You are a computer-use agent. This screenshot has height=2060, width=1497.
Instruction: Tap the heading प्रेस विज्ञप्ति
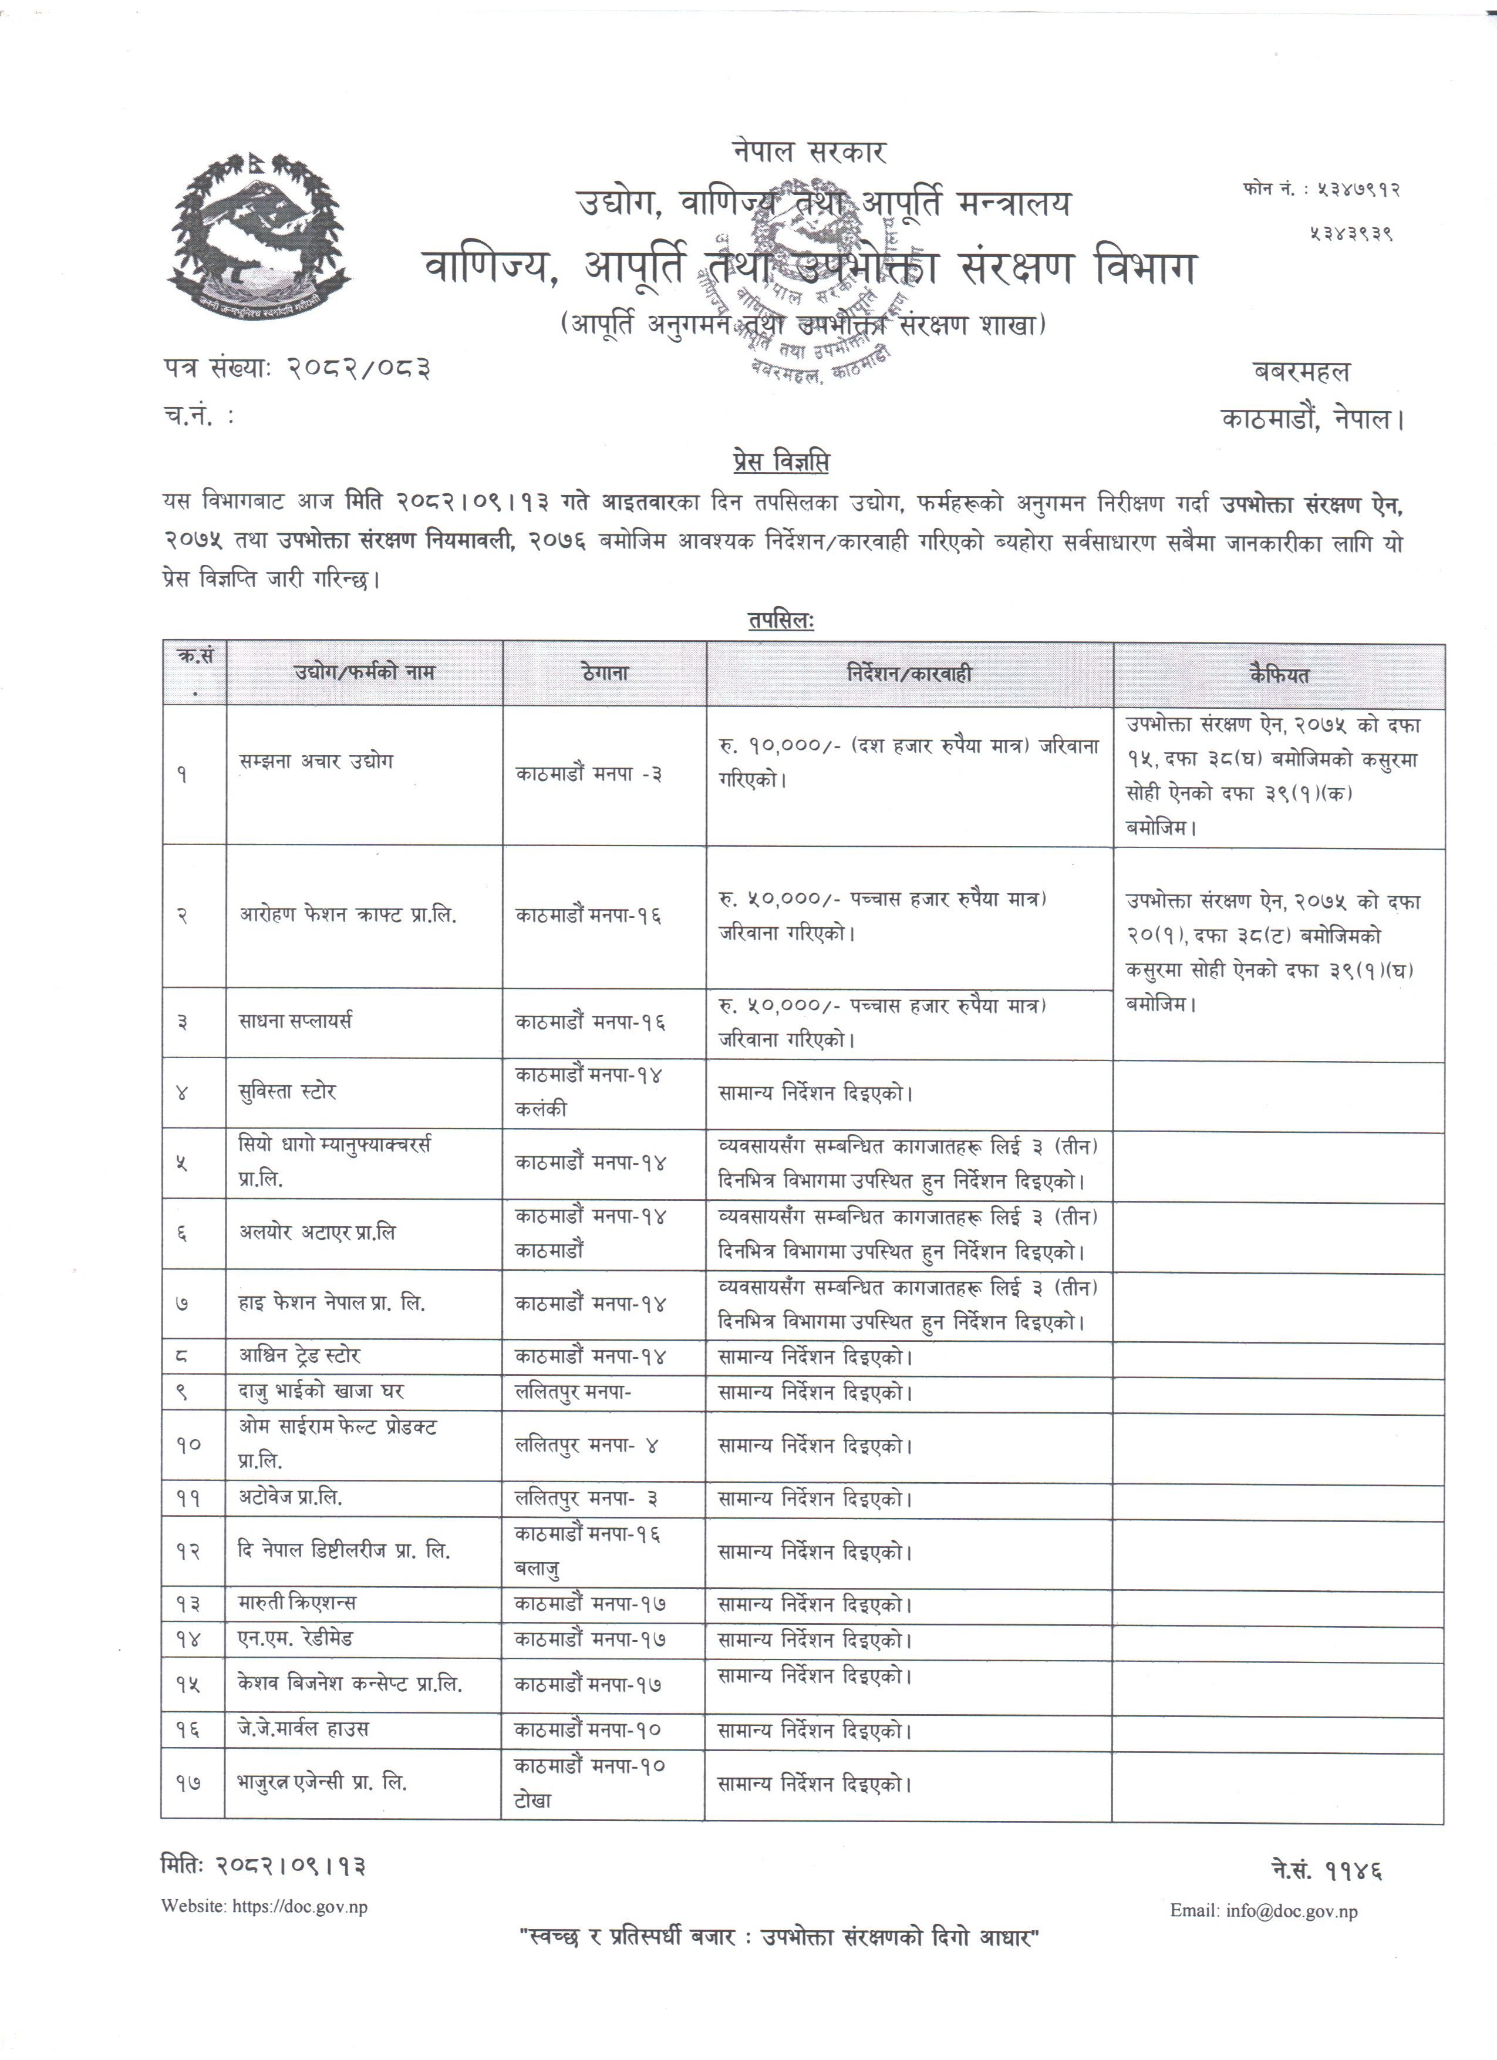pyautogui.click(x=780, y=463)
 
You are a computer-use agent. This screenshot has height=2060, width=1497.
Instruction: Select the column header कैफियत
pyautogui.click(x=1278, y=675)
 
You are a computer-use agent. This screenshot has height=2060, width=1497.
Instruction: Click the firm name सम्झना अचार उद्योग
pyautogui.click(x=316, y=761)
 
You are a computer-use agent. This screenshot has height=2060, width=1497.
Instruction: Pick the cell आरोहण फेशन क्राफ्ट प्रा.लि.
pyautogui.click(x=348, y=915)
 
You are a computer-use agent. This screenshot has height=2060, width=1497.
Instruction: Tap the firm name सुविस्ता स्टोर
pyautogui.click(x=288, y=1092)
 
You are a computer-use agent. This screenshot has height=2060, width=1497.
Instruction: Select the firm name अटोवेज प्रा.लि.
pyautogui.click(x=291, y=1498)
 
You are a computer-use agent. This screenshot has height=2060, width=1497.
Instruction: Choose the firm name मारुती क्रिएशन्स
pyautogui.click(x=298, y=1602)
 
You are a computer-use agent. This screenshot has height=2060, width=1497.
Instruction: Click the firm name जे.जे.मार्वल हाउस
pyautogui.click(x=304, y=1728)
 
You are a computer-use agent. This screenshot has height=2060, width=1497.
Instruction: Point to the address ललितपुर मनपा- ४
pyautogui.click(x=586, y=1444)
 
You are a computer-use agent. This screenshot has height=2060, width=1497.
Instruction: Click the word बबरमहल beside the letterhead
pyautogui.click(x=1301, y=372)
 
